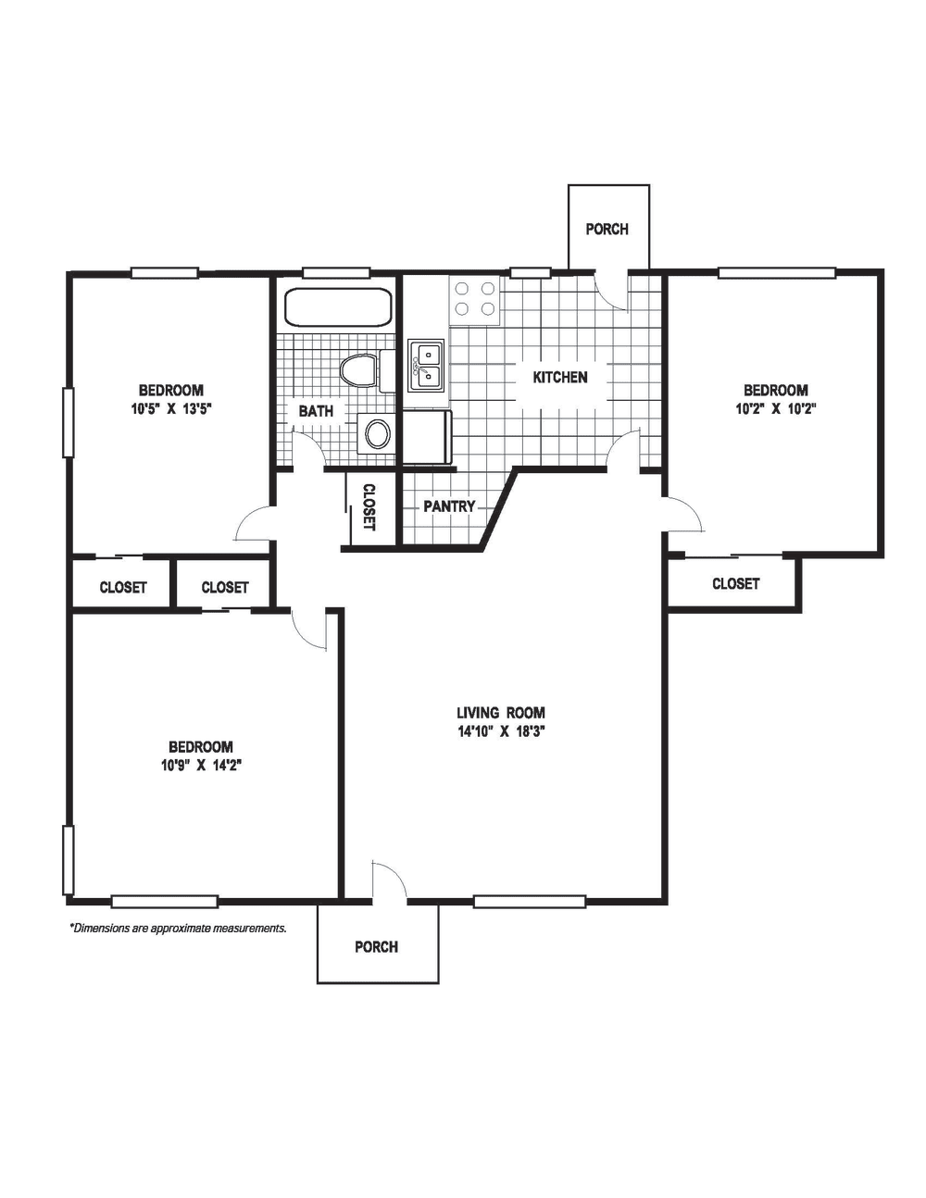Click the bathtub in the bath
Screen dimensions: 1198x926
(x=338, y=307)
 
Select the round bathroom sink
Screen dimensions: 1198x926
(x=377, y=433)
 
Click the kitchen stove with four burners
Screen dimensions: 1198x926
(x=474, y=299)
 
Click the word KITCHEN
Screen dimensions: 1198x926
(x=560, y=378)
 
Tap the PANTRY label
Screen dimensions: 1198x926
(x=449, y=507)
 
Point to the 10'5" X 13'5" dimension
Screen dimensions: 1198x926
(x=171, y=408)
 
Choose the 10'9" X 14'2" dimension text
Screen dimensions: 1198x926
(x=201, y=765)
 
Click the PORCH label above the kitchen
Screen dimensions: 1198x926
(x=607, y=229)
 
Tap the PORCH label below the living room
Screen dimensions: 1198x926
(x=377, y=947)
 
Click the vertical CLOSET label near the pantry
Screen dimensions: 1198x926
(x=369, y=507)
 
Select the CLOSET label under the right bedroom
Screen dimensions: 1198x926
(x=736, y=584)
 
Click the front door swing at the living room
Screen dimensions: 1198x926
(x=388, y=880)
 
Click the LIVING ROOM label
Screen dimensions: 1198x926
(x=501, y=713)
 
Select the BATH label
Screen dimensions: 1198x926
(x=316, y=410)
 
